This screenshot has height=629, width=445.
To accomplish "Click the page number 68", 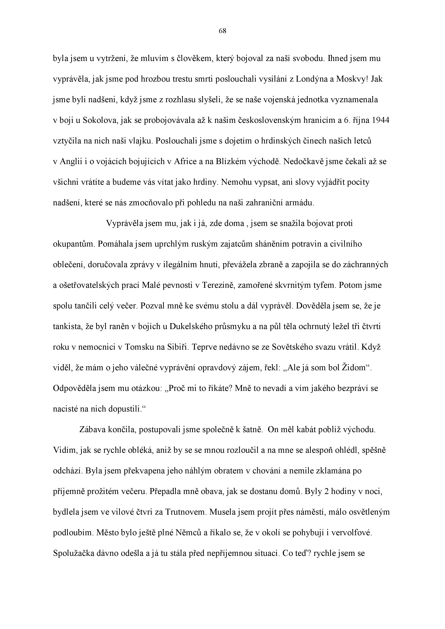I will click(x=222, y=31).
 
